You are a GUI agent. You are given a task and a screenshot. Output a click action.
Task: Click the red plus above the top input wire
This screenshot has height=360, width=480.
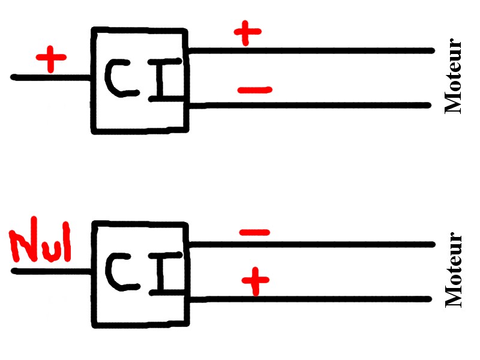click(x=51, y=59)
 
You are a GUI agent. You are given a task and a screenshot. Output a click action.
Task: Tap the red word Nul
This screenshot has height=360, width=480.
click(x=41, y=243)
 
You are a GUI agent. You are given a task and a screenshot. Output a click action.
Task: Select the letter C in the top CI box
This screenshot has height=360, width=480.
click(x=120, y=78)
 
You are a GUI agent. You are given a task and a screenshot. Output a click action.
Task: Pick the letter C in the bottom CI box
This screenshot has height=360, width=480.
click(x=120, y=272)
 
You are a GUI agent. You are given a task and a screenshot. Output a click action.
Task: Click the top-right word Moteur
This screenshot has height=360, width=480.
click(x=454, y=76)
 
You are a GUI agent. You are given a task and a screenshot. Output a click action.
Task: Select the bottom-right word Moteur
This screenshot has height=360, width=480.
click(x=454, y=270)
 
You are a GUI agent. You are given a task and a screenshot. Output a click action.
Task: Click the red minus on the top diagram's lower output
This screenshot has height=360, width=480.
click(x=254, y=91)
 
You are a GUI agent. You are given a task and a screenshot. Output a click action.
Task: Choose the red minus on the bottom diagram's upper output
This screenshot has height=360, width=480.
click(x=254, y=232)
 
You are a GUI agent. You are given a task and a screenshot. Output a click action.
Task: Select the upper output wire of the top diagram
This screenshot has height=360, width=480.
click(x=312, y=51)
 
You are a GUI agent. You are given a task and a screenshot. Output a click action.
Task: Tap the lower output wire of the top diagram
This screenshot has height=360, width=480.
click(x=312, y=106)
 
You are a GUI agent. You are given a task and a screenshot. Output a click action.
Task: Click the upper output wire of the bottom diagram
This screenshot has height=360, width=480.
click(x=312, y=244)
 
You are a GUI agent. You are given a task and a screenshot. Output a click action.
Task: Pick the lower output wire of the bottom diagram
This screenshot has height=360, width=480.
click(x=312, y=299)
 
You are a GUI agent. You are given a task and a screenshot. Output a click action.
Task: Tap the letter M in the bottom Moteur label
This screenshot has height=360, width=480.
click(x=454, y=298)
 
